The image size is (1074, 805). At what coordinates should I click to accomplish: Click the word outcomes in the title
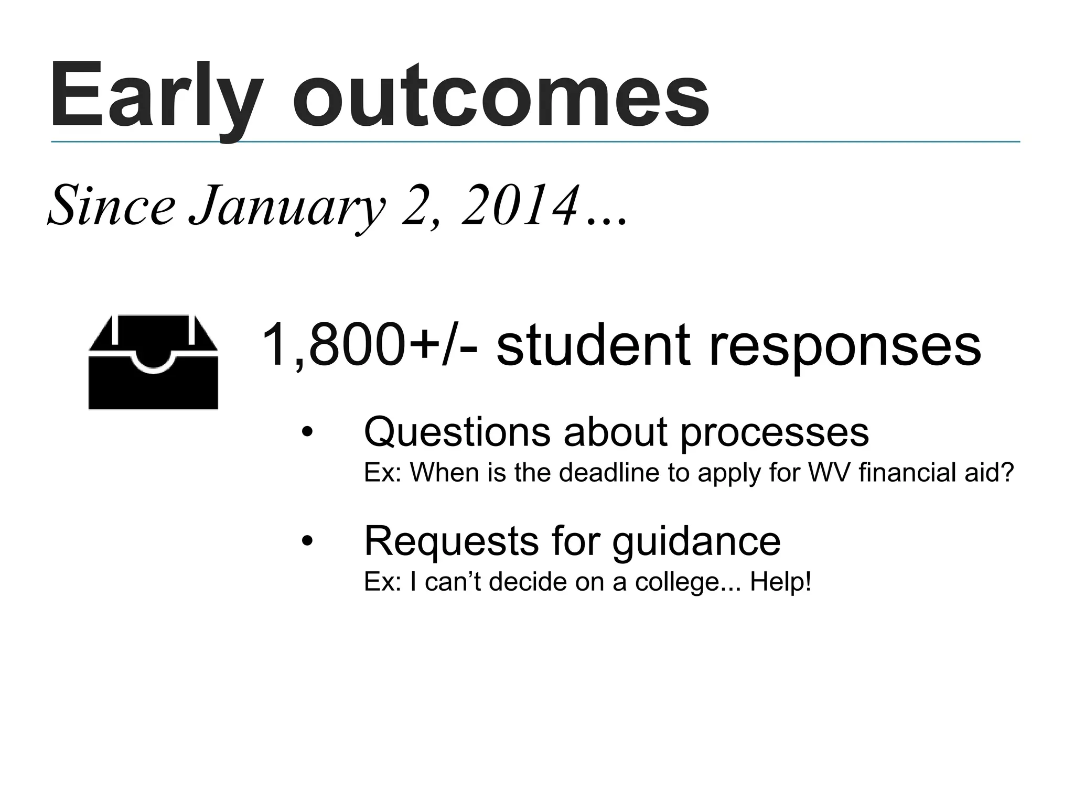pyautogui.click(x=500, y=97)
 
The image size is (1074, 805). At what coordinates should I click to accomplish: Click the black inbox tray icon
pyautogui.click(x=153, y=363)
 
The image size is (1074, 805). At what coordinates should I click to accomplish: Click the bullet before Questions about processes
pyautogui.click(x=307, y=433)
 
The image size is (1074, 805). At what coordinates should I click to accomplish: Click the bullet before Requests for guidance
pyautogui.click(x=307, y=542)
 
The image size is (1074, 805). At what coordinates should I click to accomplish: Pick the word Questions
pyautogui.click(x=457, y=433)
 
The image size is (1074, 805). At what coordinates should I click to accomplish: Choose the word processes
pyautogui.click(x=775, y=433)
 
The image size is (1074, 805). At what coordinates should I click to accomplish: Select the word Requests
pyautogui.click(x=452, y=542)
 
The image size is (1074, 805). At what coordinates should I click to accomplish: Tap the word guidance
pyautogui.click(x=696, y=542)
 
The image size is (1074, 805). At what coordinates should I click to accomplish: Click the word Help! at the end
pyautogui.click(x=781, y=582)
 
